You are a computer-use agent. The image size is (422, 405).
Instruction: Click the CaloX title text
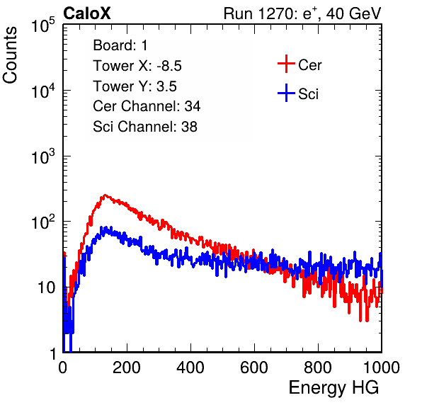click(87, 13)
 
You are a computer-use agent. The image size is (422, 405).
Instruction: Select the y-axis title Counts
click(10, 55)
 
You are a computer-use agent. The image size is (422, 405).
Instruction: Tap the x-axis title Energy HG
click(333, 388)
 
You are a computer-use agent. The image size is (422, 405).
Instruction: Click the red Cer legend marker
click(286, 64)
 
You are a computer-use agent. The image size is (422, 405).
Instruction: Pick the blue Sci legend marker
click(286, 93)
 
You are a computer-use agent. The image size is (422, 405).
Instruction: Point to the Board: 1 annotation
click(120, 45)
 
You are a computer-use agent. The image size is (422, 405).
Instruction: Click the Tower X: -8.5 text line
click(137, 66)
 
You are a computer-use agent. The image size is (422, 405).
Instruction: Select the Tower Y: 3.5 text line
click(135, 86)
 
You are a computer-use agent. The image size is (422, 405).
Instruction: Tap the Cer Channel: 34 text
click(147, 106)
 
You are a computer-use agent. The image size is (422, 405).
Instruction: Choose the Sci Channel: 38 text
click(145, 127)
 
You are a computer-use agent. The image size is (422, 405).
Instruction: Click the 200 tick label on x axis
click(127, 367)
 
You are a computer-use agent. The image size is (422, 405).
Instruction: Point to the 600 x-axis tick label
click(254, 367)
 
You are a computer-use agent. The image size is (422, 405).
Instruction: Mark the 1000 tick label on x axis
click(382, 367)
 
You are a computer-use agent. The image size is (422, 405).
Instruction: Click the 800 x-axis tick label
click(318, 367)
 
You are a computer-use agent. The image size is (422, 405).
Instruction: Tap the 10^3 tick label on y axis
click(43, 156)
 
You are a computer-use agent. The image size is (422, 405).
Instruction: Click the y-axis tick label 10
click(46, 287)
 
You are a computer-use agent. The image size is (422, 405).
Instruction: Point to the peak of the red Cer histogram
click(105, 195)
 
